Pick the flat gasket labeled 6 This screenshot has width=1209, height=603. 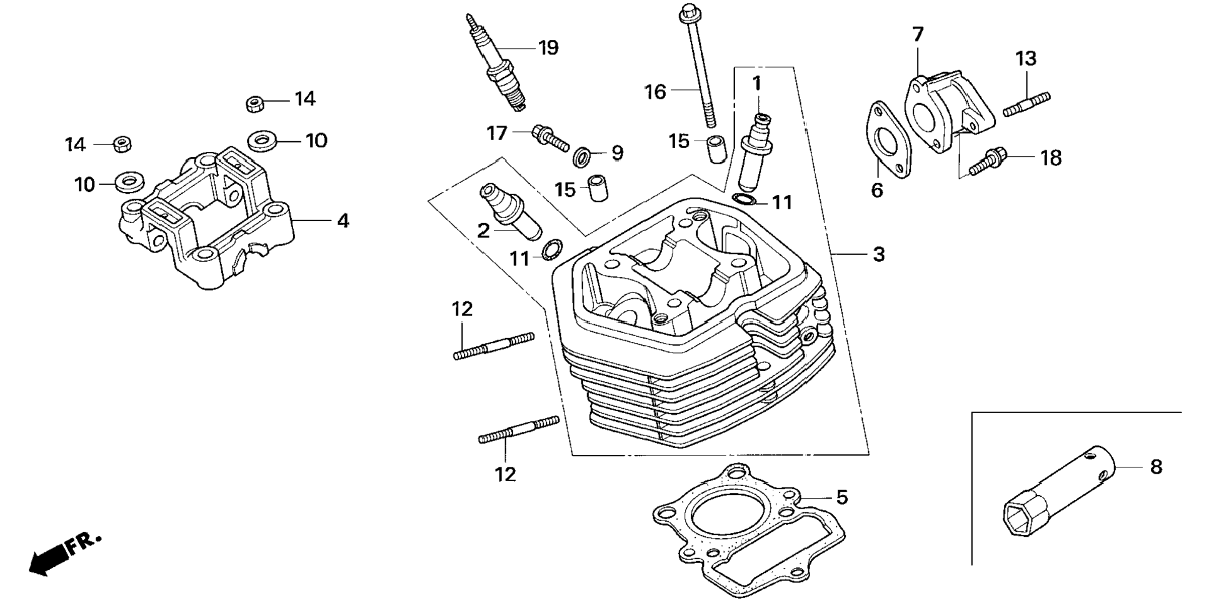[888, 141]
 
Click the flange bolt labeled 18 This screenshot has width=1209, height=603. [987, 161]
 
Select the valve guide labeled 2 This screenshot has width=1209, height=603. [511, 209]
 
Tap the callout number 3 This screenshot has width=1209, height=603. [878, 254]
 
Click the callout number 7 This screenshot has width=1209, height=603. [917, 34]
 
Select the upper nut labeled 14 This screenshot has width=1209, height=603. [254, 103]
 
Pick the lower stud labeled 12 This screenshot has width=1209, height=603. [518, 431]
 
